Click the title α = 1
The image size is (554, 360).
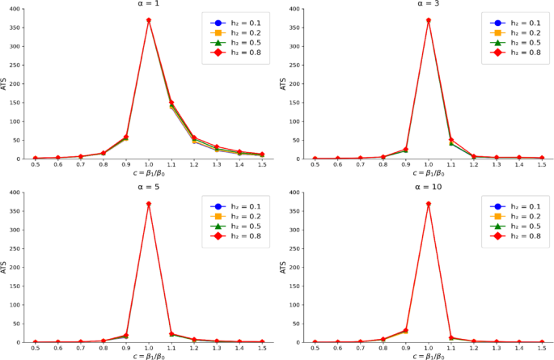click(149, 3)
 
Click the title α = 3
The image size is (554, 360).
click(428, 3)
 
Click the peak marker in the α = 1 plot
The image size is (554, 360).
click(149, 20)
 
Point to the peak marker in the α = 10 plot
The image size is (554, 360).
click(428, 204)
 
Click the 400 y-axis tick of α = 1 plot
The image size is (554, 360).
click(17, 9)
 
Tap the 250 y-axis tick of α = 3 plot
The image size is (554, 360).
click(296, 66)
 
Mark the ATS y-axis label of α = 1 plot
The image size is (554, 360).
click(5, 83)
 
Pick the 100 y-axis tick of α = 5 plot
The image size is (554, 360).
click(17, 305)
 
